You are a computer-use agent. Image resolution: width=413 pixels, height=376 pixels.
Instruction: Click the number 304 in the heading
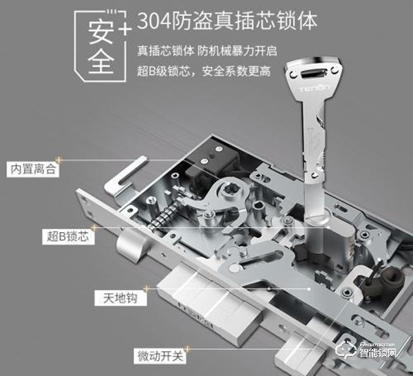[153, 21]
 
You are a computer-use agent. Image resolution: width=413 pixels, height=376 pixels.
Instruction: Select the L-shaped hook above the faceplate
[127, 176]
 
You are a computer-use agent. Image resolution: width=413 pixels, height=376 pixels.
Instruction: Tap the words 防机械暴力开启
[233, 50]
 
